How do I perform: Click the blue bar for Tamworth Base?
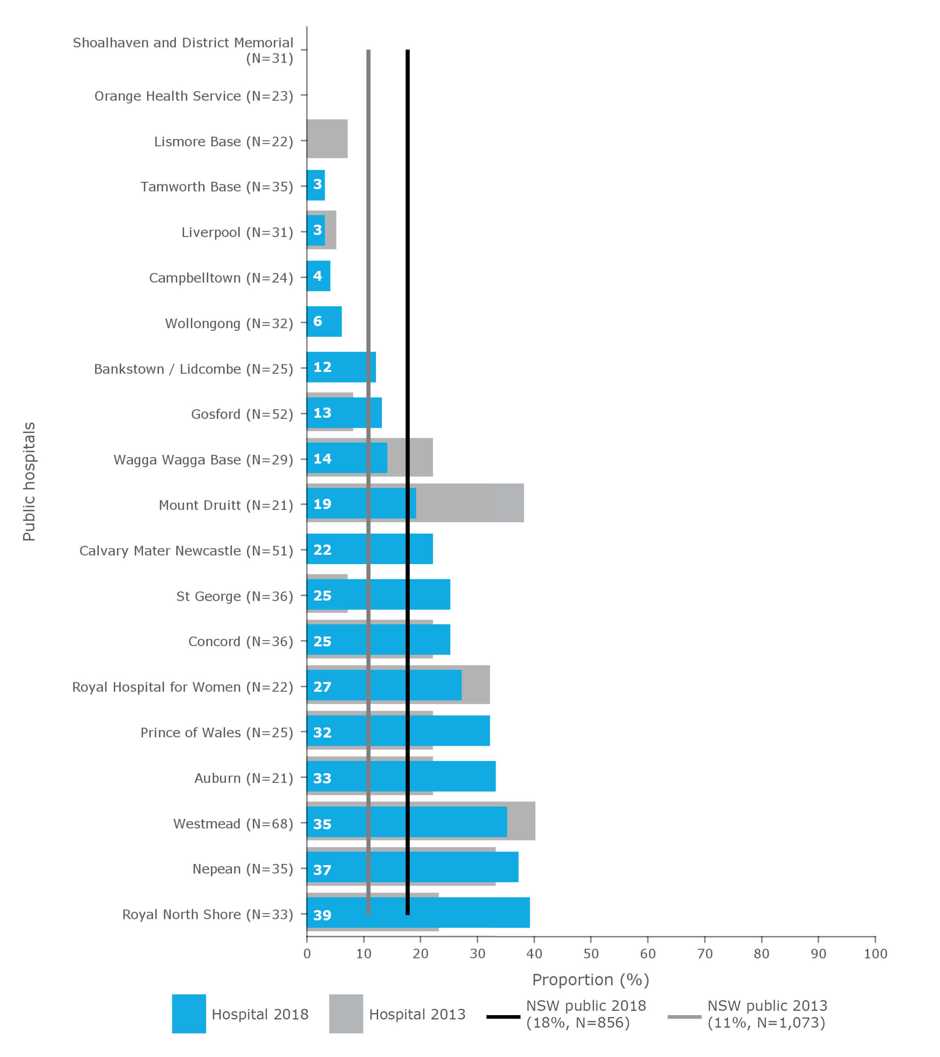pos(316,185)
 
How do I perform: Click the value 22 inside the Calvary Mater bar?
pos(322,550)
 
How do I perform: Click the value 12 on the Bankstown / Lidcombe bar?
pos(322,367)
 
